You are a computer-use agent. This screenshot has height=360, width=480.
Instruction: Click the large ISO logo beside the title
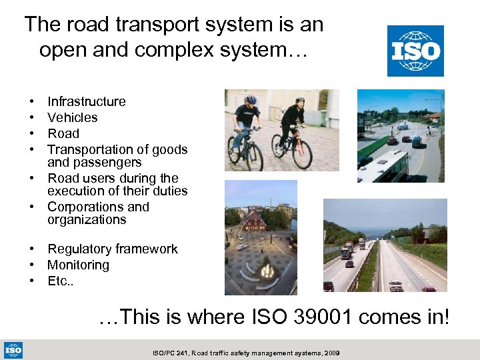coord(415,51)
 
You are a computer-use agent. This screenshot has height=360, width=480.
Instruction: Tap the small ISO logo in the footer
coord(13,349)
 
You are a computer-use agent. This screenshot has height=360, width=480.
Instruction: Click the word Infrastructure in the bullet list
coord(86,101)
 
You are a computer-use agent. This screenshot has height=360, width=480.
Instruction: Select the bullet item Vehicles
coord(72,117)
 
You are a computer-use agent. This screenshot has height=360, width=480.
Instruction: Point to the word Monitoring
coord(78,265)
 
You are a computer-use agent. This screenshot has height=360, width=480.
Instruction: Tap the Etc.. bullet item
coord(60,281)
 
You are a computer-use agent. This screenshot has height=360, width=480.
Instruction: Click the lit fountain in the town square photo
coord(267,272)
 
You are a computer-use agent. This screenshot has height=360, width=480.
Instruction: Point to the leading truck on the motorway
coord(346,253)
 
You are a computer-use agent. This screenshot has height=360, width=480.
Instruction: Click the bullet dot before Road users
coord(33,179)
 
